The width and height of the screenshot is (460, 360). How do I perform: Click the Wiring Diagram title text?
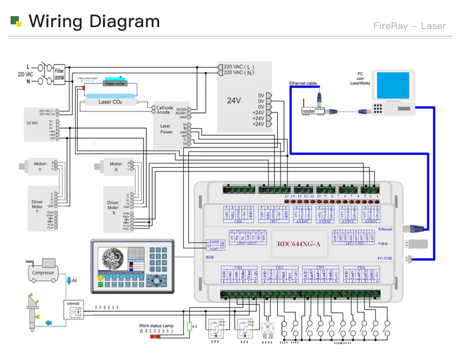[x=94, y=21]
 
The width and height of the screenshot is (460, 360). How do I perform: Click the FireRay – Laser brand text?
[x=409, y=26]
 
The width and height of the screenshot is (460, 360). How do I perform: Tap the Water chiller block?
[x=115, y=83]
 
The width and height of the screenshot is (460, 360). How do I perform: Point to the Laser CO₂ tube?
[x=110, y=101]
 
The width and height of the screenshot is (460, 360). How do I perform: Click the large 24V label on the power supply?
[x=234, y=100]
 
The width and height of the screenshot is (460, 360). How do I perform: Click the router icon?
[x=309, y=111]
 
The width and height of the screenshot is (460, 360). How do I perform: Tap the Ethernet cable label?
[x=303, y=83]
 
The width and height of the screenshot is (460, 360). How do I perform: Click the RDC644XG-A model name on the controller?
[x=299, y=244]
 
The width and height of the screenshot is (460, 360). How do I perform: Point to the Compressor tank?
[x=43, y=272]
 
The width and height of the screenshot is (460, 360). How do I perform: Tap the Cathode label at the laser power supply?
[x=165, y=108]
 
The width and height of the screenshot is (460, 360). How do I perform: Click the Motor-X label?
[x=115, y=166]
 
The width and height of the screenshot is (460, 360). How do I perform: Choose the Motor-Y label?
[x=40, y=166]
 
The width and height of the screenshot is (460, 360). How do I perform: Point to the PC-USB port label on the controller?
[x=384, y=258]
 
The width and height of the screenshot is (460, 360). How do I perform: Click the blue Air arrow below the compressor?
[x=69, y=280]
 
